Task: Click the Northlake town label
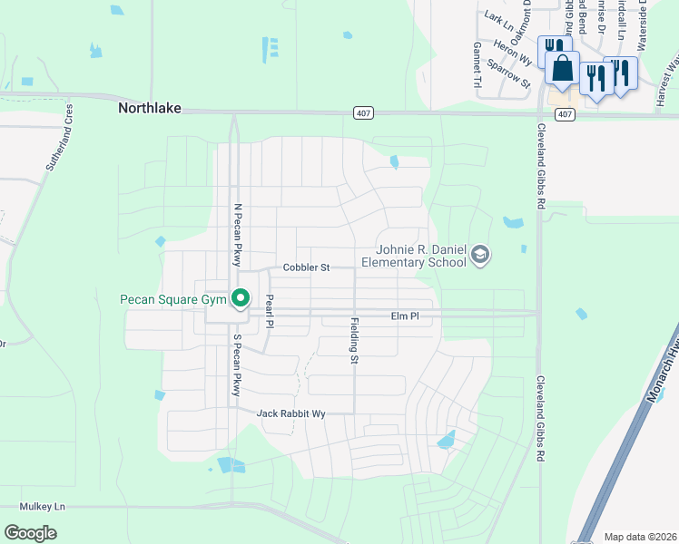click(150, 108)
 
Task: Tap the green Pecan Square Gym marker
click(241, 297)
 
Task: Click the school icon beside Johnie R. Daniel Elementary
click(480, 257)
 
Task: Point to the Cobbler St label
click(305, 267)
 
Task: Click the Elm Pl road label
click(404, 316)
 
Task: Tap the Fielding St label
click(354, 341)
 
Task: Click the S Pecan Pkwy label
click(237, 365)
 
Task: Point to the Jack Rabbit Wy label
click(290, 413)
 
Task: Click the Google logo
click(30, 533)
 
